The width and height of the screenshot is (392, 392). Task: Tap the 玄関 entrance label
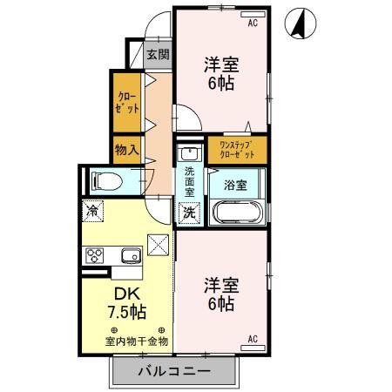(158, 55)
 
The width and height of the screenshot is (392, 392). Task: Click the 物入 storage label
(127, 149)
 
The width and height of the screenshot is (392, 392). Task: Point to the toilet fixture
(106, 181)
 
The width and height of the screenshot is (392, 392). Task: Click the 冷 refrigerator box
(92, 211)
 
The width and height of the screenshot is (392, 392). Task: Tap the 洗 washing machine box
(188, 212)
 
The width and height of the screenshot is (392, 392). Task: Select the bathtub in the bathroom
(235, 212)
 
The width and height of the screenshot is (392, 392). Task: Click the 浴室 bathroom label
(235, 184)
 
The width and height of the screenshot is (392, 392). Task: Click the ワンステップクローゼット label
(236, 148)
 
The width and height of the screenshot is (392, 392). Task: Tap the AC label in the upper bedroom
(253, 23)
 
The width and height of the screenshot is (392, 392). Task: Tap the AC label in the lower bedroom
(253, 338)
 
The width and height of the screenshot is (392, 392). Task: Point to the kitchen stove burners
(94, 255)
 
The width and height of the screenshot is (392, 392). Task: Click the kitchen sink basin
(131, 255)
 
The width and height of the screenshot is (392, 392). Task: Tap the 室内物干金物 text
(137, 341)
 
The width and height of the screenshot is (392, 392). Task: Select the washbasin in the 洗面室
(188, 153)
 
